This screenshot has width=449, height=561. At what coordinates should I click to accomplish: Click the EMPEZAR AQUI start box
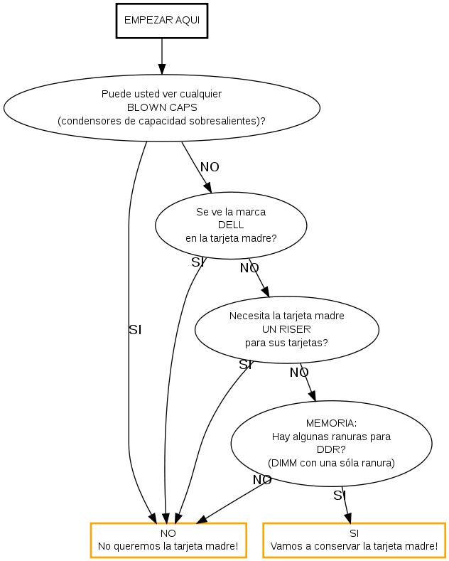coord(162,20)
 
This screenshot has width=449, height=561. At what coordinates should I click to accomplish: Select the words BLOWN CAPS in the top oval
coord(162,107)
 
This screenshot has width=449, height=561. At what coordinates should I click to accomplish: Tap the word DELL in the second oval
coord(231,225)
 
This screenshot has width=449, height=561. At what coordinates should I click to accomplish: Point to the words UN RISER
coord(286,329)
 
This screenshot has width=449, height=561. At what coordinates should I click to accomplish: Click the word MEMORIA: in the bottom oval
coord(331,422)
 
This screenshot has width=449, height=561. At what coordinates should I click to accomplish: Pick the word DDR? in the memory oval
coord(331,449)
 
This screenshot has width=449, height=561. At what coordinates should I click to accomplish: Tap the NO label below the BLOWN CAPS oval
coord(210,167)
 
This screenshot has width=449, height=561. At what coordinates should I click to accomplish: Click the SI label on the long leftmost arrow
coord(135,330)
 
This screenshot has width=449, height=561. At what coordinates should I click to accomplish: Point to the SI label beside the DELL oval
coord(198,262)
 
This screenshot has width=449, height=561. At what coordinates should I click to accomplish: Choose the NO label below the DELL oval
coord(249,268)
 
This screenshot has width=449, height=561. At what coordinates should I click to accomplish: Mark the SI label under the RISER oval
coord(245,365)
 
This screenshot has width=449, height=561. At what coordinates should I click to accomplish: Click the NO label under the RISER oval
coord(299,372)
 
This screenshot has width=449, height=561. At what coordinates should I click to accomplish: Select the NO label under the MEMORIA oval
coord(262,480)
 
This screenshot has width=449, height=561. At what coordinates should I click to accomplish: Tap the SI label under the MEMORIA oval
coord(339,496)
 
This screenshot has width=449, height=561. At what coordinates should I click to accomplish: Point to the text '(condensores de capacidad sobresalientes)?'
coord(162,120)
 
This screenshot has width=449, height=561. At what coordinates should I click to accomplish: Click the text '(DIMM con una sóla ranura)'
coord(331,462)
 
